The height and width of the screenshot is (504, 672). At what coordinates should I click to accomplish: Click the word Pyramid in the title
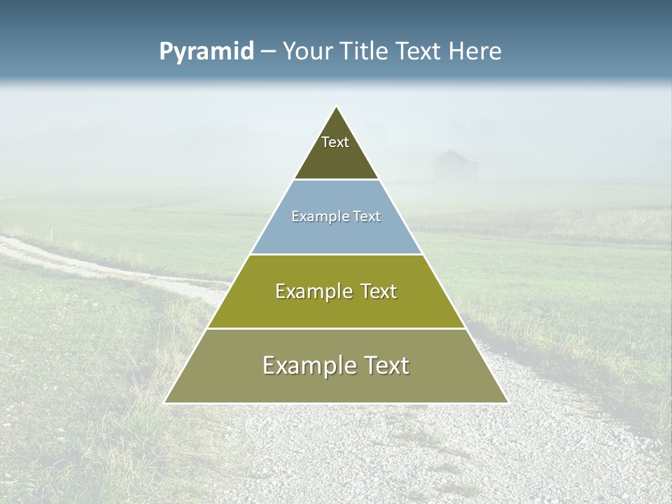(x=206, y=52)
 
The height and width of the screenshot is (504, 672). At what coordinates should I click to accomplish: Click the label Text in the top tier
(x=335, y=142)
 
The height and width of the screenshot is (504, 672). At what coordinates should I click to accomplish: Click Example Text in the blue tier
(x=336, y=216)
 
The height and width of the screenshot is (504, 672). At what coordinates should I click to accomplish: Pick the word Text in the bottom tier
(x=384, y=365)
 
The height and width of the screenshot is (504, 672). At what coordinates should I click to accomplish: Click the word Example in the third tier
(x=312, y=291)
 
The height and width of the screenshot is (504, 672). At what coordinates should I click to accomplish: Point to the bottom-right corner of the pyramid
(x=507, y=402)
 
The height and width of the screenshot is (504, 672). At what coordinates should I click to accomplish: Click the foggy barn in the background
(x=456, y=167)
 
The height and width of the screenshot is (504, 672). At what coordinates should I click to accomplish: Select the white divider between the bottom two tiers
(x=336, y=328)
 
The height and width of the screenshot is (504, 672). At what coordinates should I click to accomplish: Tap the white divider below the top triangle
(x=336, y=180)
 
